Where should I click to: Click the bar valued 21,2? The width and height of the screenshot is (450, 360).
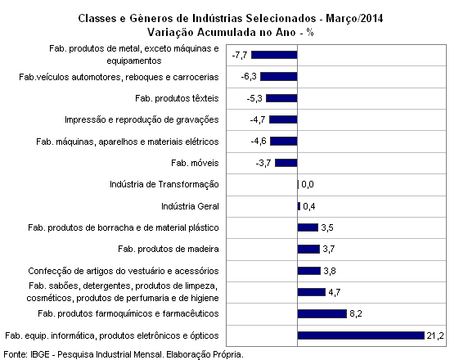[361, 335]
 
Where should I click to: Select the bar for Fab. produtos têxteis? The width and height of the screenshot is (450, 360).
[281, 98]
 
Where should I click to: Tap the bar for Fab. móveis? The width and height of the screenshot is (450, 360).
[286, 163]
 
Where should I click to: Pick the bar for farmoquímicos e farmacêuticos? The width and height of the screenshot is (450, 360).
[322, 313]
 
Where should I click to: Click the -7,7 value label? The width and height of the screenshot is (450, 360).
[240, 55]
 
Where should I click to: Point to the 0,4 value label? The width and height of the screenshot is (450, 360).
[308, 206]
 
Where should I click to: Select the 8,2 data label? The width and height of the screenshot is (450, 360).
[356, 313]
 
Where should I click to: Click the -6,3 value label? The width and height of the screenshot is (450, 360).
[249, 76]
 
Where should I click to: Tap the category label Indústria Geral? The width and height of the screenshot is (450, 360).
[190, 206]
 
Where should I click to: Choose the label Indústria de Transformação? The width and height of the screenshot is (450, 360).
[164, 184]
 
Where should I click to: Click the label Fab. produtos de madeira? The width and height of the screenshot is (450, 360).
[169, 249]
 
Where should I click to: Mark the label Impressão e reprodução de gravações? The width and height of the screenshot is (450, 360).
[142, 119]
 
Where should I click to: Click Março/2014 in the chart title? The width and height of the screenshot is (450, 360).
[354, 19]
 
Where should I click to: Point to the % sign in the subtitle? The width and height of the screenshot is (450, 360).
[310, 32]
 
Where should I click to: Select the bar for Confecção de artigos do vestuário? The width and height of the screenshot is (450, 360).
[308, 271]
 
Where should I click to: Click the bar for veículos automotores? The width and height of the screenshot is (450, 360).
[279, 76]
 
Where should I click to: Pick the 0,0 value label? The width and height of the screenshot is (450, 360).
[308, 184]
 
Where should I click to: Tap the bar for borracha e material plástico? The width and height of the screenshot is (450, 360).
[308, 227]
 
